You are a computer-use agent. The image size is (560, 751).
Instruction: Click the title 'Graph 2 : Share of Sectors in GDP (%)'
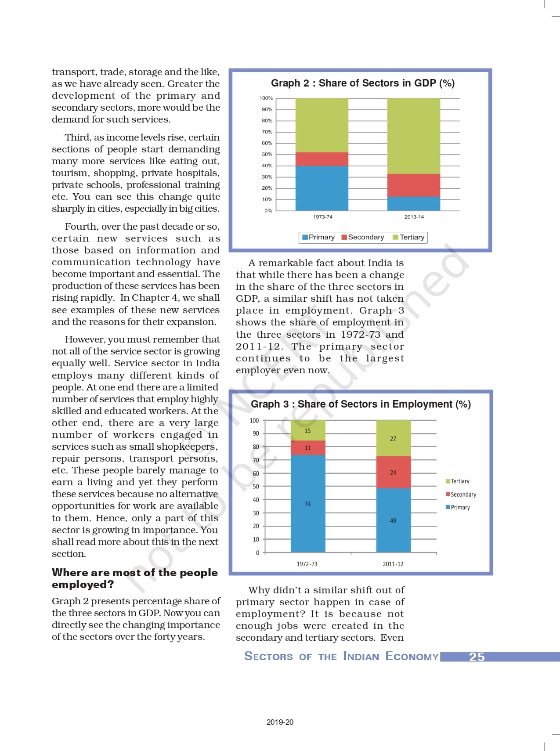(x=362, y=83)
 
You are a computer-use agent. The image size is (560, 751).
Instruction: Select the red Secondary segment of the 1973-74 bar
(x=322, y=159)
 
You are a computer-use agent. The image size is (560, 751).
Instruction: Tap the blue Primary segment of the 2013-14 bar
(x=413, y=203)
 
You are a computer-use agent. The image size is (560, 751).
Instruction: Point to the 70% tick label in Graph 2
(x=267, y=132)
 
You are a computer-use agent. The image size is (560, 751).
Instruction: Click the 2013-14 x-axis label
(x=414, y=217)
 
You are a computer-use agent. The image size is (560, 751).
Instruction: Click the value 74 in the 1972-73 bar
(x=307, y=504)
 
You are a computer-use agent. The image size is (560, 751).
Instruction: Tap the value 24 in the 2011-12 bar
(x=393, y=473)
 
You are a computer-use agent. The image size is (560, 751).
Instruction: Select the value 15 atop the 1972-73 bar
(x=307, y=431)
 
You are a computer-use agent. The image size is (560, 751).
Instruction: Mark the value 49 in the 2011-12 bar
(x=393, y=520)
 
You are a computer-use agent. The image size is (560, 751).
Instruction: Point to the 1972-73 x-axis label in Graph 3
(x=307, y=564)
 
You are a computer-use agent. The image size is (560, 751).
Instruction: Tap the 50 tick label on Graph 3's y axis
(x=256, y=487)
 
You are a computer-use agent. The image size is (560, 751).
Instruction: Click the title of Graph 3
(x=361, y=404)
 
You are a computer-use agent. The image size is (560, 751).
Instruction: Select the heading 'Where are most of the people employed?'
(x=134, y=578)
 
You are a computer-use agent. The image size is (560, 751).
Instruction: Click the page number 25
(x=477, y=657)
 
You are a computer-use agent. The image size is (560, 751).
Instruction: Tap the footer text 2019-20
(x=280, y=722)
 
